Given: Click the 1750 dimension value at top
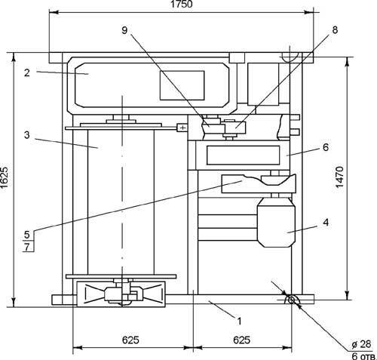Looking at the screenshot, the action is [181, 4].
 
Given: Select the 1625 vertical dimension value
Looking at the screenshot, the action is [5, 177].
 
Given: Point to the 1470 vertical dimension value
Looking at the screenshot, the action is [339, 177].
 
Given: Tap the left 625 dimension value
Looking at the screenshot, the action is [130, 340].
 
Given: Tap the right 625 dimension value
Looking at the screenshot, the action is [241, 340].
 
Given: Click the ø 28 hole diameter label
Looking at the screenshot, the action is [361, 344].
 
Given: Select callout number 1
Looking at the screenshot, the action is [239, 322].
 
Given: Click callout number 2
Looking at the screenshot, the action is [27, 73].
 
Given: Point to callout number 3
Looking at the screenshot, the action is [27, 135].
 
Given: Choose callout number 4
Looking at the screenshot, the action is [326, 223].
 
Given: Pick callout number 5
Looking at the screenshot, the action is [27, 235].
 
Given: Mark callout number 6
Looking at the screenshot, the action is [326, 147].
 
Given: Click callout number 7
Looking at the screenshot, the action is [27, 248].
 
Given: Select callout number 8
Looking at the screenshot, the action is [335, 30].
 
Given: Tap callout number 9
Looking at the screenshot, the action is [124, 30].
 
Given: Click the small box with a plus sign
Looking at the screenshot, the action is [182, 128].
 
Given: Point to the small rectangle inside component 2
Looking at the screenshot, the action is [182, 85].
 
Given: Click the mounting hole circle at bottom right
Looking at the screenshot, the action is [291, 300].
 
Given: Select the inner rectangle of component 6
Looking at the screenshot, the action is [243, 155].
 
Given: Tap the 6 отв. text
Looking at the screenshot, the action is [363, 356].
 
